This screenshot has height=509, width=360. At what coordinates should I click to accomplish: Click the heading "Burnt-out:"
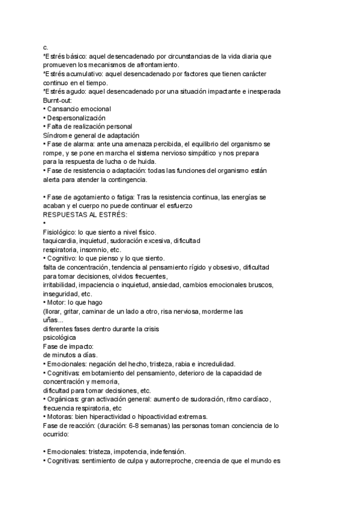58,100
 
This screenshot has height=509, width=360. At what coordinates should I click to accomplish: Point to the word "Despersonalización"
76,118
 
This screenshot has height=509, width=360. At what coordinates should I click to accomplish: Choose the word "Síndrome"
58,136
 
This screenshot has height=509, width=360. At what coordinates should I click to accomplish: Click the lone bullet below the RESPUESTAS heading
45,223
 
